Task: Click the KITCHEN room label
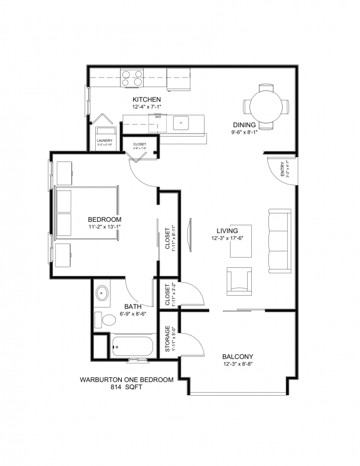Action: tap(147, 99)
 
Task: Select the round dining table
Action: tap(267, 106)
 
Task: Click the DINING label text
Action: tap(244, 125)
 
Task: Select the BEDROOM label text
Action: tap(104, 219)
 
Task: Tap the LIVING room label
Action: tap(227, 231)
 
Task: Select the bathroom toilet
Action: tap(106, 320)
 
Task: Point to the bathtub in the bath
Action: tap(132, 347)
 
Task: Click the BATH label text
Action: tap(132, 306)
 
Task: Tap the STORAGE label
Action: tap(168, 339)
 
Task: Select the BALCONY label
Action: tap(238, 357)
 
